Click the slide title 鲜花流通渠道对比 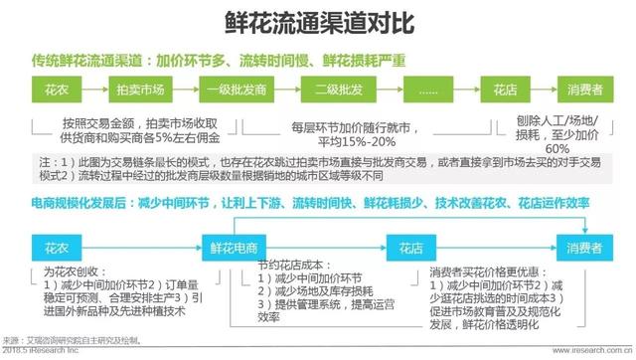pos(317,22)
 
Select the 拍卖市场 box pos(139,90)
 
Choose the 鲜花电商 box pos(234,245)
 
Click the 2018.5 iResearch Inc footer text pos(50,351)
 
